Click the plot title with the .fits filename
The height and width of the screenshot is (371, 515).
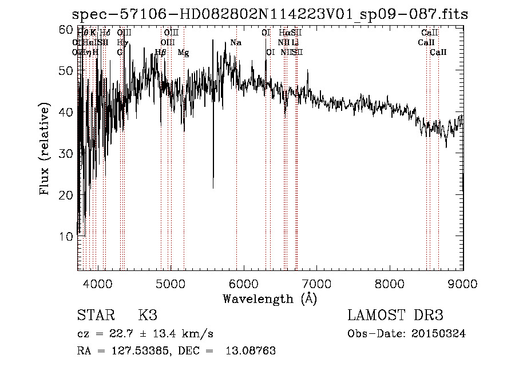point(268,14)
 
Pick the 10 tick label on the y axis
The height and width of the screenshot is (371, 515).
point(66,236)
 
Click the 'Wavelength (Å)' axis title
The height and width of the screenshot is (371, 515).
point(270,298)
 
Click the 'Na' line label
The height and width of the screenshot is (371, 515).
point(236,43)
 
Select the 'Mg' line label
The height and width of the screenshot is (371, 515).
point(183,53)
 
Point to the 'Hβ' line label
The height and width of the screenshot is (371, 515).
point(161,53)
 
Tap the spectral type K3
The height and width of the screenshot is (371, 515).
point(148,316)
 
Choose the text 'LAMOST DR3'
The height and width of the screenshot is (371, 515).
point(395,316)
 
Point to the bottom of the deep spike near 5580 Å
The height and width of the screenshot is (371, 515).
point(213,188)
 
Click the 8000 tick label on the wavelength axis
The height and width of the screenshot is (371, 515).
point(390,283)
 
